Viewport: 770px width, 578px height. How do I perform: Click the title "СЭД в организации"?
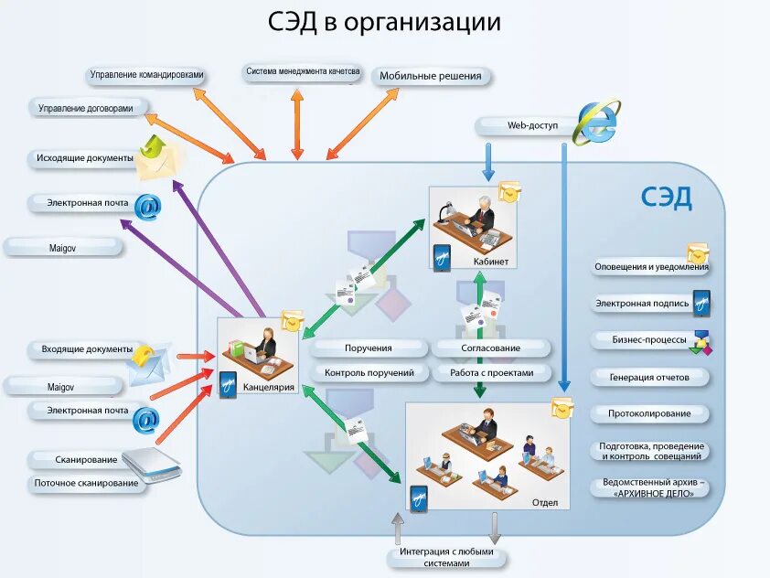click(385, 22)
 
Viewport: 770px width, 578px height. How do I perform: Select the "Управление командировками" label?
click(146, 74)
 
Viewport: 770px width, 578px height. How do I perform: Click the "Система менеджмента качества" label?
click(303, 71)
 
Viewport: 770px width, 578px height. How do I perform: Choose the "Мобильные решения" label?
click(431, 76)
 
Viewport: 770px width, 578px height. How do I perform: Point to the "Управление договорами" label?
click(86, 108)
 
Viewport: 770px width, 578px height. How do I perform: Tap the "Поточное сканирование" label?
click(87, 482)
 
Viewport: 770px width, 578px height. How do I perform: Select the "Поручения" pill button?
click(369, 348)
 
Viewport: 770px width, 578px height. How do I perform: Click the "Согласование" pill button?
click(490, 348)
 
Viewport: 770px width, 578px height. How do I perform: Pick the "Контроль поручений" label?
click(369, 372)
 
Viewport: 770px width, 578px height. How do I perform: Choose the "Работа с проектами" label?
click(491, 372)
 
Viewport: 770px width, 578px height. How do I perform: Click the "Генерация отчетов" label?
click(649, 376)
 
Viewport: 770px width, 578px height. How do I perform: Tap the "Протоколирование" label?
click(649, 413)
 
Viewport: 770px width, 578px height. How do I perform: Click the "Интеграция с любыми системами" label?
click(446, 558)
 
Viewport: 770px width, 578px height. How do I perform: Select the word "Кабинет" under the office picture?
click(491, 261)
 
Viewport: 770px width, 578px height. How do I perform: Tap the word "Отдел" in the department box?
click(544, 502)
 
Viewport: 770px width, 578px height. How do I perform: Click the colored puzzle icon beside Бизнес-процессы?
click(700, 341)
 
